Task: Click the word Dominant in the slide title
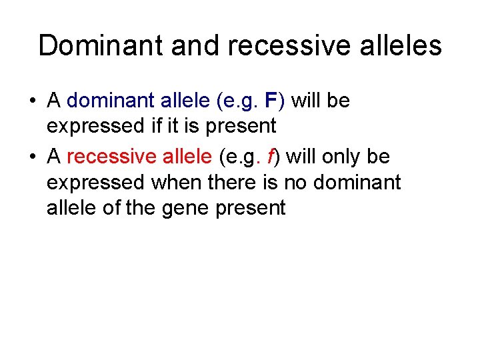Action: [x=101, y=46]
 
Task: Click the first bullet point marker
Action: [x=32, y=102]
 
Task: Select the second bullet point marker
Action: [x=32, y=158]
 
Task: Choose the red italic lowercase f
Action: [x=271, y=157]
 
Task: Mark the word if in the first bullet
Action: [x=163, y=126]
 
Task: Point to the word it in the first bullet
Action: [x=181, y=126]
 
